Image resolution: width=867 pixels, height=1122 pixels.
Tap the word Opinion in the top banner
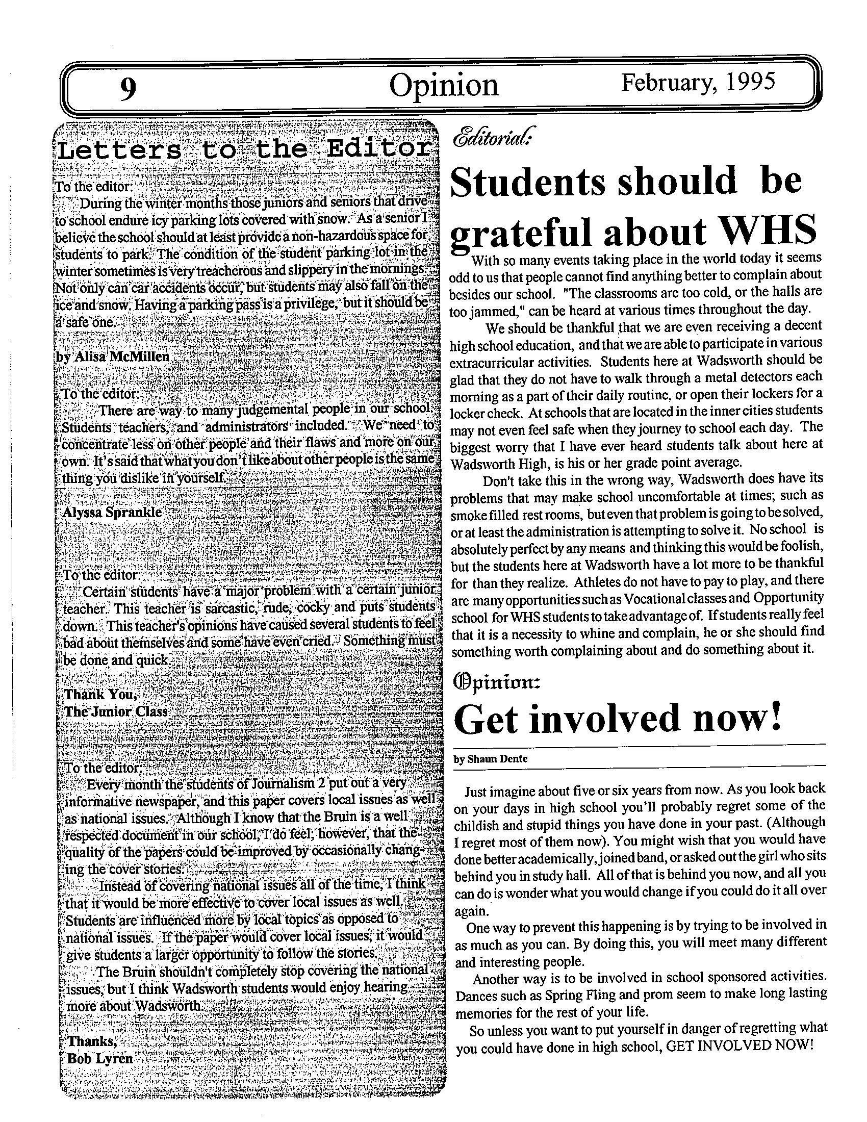point(443,86)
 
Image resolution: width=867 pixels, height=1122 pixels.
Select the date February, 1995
point(698,82)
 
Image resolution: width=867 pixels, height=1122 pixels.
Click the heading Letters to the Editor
point(244,150)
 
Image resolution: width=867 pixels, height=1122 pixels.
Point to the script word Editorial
point(492,138)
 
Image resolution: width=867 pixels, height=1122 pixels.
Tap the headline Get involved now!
point(618,719)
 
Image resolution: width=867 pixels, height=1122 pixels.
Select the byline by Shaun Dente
point(490,758)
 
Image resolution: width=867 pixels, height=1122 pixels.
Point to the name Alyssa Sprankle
point(112,512)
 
